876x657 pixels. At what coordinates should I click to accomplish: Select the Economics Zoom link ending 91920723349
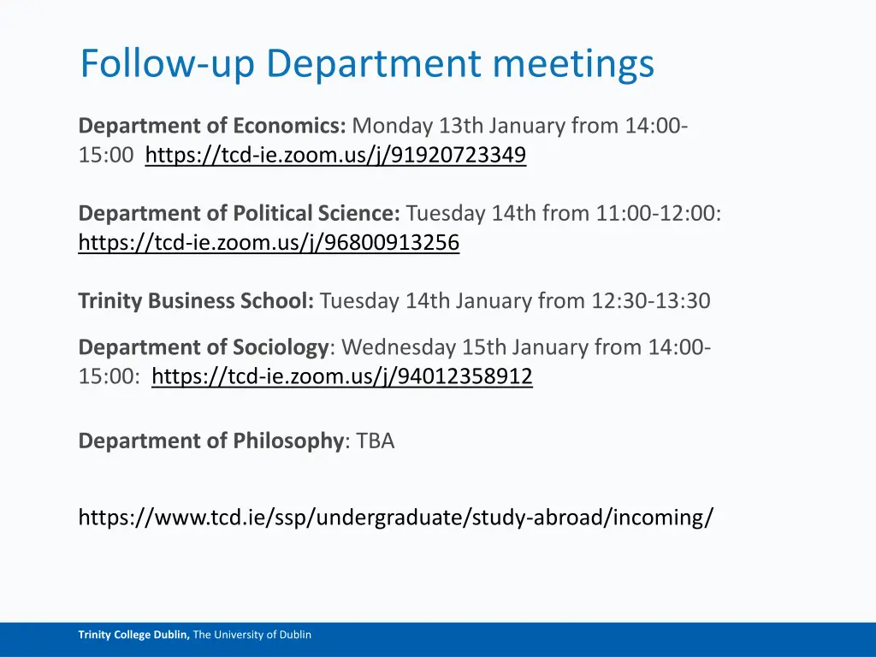tap(335, 156)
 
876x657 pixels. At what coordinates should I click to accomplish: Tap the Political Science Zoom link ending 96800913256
tap(269, 244)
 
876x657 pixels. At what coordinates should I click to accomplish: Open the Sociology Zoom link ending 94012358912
tap(341, 376)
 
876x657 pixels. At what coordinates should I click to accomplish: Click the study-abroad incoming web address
tap(395, 517)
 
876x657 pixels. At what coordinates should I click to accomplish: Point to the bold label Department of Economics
tap(211, 126)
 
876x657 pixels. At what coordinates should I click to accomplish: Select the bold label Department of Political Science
tap(239, 213)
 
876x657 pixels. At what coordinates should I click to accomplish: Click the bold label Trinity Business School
tap(196, 301)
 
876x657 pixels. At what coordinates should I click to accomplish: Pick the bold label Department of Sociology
tap(204, 347)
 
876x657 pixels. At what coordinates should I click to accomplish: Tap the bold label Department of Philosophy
tap(210, 441)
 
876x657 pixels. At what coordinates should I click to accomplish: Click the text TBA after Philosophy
tap(376, 441)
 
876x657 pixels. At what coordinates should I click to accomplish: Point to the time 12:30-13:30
tap(650, 301)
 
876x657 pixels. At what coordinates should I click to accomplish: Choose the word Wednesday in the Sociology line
tap(398, 347)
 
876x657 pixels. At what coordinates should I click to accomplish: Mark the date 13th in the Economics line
tap(460, 126)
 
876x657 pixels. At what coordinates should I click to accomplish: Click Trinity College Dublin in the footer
tap(133, 635)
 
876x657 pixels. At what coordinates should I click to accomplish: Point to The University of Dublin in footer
tap(252, 635)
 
